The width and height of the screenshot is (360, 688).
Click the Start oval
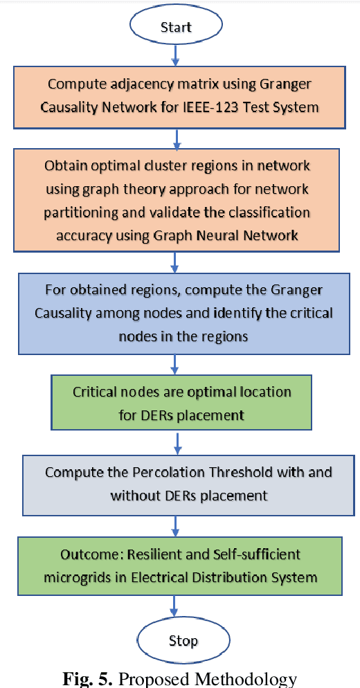pos(176,27)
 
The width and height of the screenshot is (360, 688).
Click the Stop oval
pos(182,640)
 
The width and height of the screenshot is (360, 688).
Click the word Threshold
pos(243,473)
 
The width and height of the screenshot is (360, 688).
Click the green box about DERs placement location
pos(181,403)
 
